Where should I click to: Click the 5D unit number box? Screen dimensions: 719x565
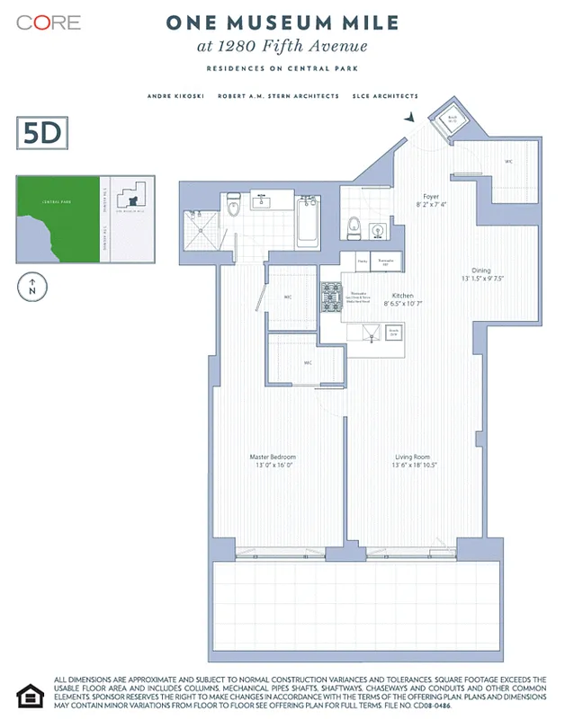click(42, 134)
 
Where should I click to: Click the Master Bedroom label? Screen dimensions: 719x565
click(272, 461)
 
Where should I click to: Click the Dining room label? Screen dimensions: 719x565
click(482, 274)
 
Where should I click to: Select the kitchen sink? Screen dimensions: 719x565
click(369, 336)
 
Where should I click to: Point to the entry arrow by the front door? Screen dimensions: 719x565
click(410, 118)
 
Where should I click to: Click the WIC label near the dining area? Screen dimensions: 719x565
click(508, 162)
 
